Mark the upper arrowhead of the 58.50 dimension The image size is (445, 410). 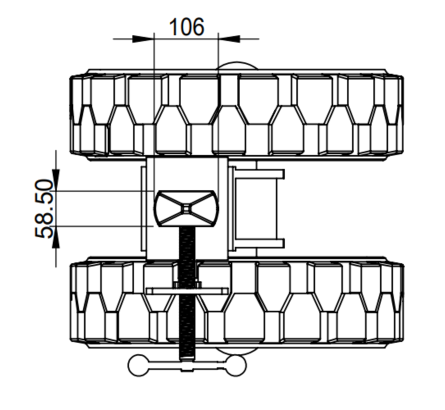(55, 180)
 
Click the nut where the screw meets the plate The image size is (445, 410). (186, 285)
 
